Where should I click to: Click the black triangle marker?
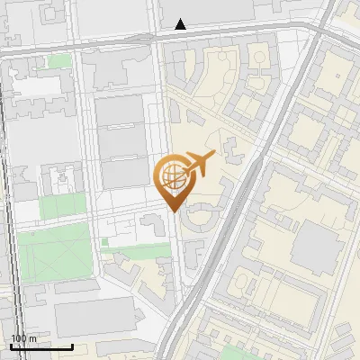pos(181,24)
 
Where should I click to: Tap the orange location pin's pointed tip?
pos(173,211)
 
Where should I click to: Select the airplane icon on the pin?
pos(199,165)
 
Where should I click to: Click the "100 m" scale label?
pos(23,338)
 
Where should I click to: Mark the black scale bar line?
pos(41,346)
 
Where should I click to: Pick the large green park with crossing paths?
pos(54,253)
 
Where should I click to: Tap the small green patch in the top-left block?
pos(59,61)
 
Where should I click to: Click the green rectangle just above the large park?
pos(61,205)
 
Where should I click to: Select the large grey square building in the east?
pos(315,246)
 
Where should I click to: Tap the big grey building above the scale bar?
pos(94,318)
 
